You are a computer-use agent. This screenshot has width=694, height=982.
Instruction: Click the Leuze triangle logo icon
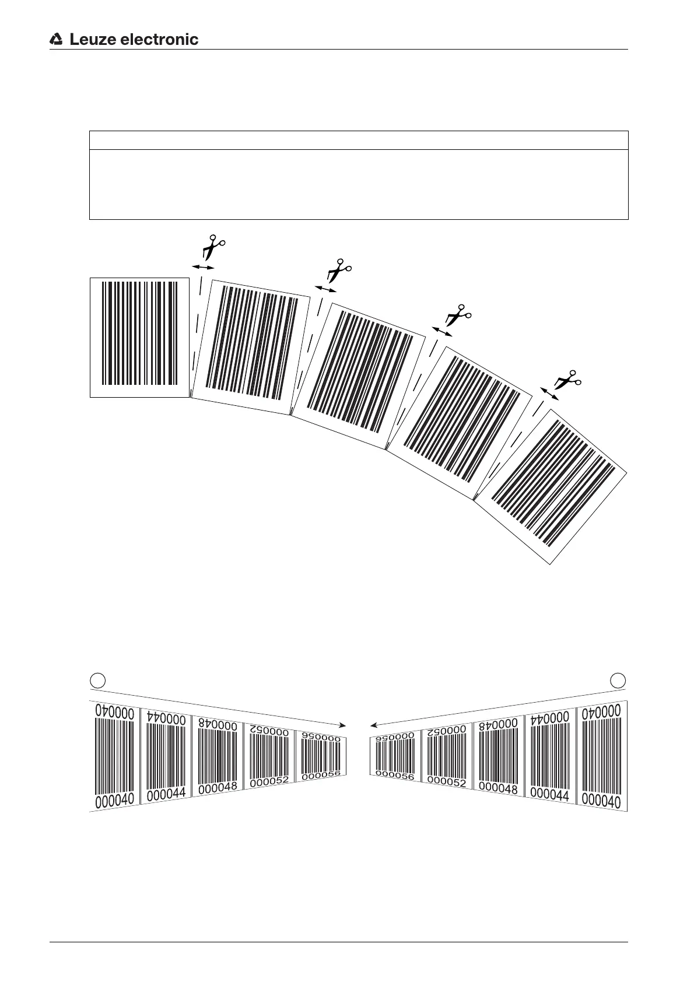57,39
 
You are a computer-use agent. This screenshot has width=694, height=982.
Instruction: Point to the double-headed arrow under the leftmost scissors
203,266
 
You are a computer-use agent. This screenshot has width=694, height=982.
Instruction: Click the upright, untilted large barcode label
139,337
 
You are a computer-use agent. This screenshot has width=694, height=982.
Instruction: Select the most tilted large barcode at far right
553,485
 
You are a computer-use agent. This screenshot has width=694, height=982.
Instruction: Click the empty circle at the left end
98,679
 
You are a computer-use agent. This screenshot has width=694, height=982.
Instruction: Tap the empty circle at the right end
618,679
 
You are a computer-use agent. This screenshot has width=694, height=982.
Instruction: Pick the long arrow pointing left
496,707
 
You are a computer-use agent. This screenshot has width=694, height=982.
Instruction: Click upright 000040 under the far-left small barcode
114,799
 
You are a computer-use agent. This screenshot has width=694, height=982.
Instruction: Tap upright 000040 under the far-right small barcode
601,800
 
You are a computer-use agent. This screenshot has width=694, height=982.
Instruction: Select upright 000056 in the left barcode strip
321,774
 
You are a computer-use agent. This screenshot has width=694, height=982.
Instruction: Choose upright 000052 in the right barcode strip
446,781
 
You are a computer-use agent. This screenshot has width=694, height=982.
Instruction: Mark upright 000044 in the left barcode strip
166,793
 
